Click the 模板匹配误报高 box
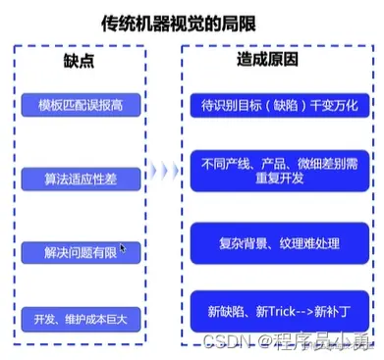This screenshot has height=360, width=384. [x=81, y=105]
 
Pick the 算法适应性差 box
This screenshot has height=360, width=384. [x=81, y=180]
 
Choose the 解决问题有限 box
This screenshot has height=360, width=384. [x=81, y=251]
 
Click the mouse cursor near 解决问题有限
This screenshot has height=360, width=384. [x=123, y=248]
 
